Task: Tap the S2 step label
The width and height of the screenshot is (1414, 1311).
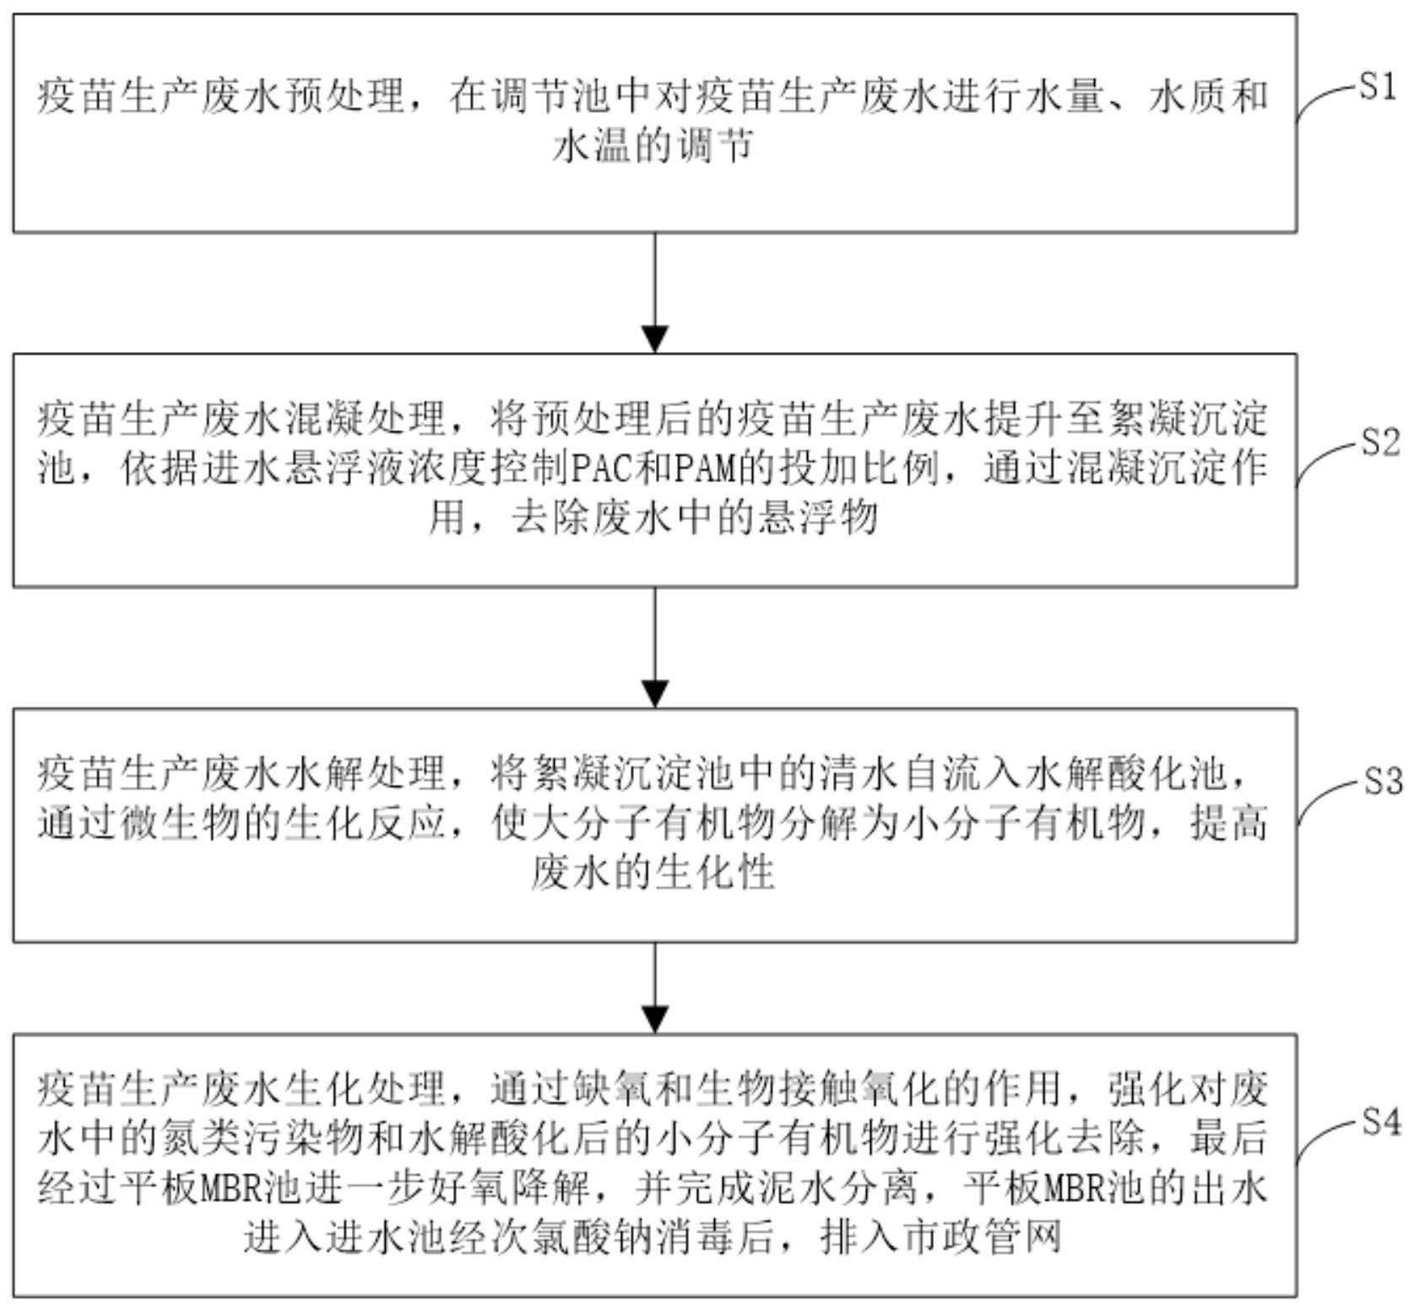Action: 1380,442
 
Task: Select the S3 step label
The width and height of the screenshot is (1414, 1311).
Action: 1383,782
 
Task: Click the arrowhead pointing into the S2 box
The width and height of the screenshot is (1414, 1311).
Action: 655,339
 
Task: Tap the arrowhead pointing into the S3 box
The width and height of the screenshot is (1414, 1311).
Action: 655,693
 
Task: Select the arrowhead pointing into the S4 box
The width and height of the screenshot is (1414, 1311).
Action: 655,1019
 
